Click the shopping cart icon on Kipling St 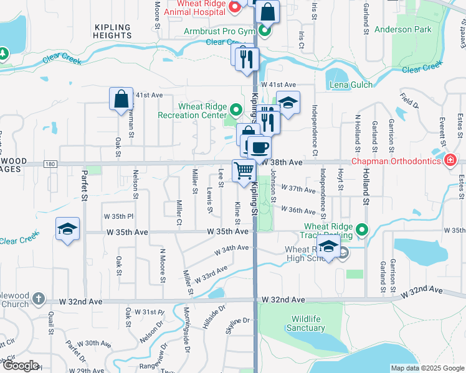tap(244, 170)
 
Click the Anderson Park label tap(402, 29)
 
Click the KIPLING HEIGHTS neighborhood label tap(112, 32)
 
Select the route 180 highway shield tap(51, 164)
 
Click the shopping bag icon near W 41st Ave tap(121, 99)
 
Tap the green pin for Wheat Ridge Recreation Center tap(235, 111)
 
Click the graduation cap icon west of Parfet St tap(68, 229)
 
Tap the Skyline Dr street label tap(237, 321)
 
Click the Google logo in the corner tap(20, 366)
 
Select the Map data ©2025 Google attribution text tap(427, 368)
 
